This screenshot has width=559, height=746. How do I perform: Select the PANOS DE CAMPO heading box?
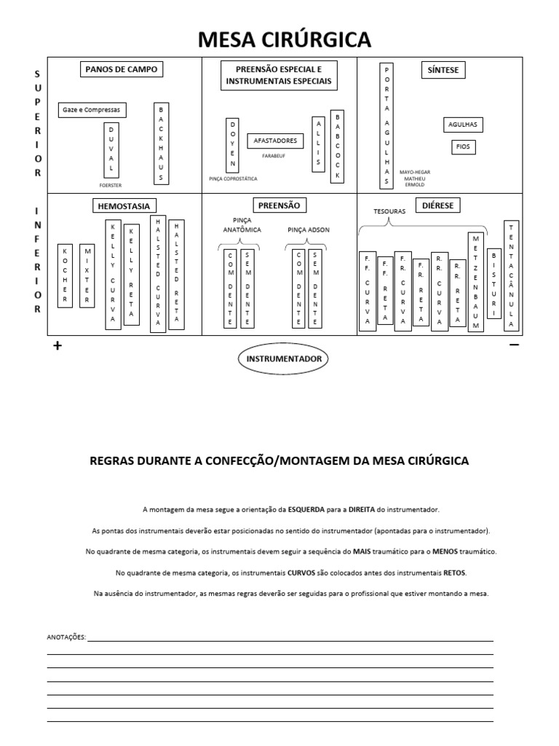point(121,70)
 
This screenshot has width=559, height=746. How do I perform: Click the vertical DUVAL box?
point(111,149)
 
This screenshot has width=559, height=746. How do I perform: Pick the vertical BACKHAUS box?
point(162,143)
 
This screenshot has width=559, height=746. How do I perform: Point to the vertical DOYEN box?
point(233,144)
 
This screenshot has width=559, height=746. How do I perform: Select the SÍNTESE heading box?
point(443,70)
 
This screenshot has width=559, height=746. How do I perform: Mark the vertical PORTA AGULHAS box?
point(388,125)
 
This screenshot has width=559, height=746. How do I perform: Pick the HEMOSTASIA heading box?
point(126,206)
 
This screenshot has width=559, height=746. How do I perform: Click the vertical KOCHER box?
point(65,275)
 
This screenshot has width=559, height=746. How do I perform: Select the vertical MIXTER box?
point(87,275)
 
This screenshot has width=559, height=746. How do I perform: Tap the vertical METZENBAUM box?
point(476,281)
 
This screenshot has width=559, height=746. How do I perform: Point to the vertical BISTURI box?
point(494,283)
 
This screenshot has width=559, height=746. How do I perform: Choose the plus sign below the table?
point(58,346)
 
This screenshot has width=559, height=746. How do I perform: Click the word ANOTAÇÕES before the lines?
point(66,637)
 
